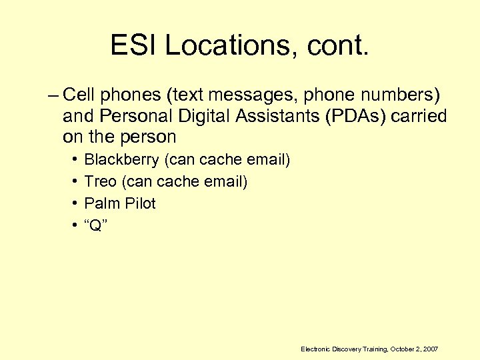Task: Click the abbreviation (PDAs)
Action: (356, 117)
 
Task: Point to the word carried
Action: (419, 117)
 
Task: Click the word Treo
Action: (101, 181)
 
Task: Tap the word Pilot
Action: (139, 203)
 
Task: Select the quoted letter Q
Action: (96, 225)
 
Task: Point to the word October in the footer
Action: (403, 349)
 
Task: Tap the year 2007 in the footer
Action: (431, 349)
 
